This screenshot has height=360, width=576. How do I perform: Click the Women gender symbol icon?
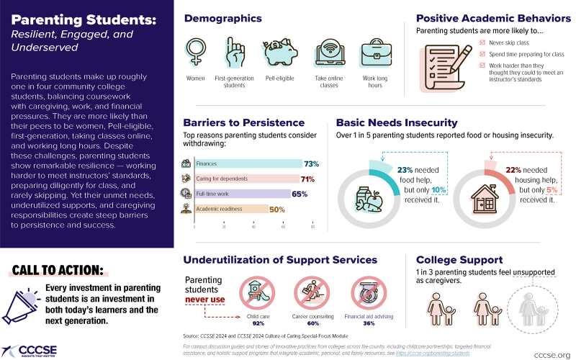tap(195, 53)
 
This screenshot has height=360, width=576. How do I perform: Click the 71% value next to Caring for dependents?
tap(308, 179)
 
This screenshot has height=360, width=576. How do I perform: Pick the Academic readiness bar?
tap(231, 209)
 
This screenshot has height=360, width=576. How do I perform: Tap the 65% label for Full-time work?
tap(300, 194)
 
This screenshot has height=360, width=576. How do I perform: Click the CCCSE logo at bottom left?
tap(30, 348)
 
